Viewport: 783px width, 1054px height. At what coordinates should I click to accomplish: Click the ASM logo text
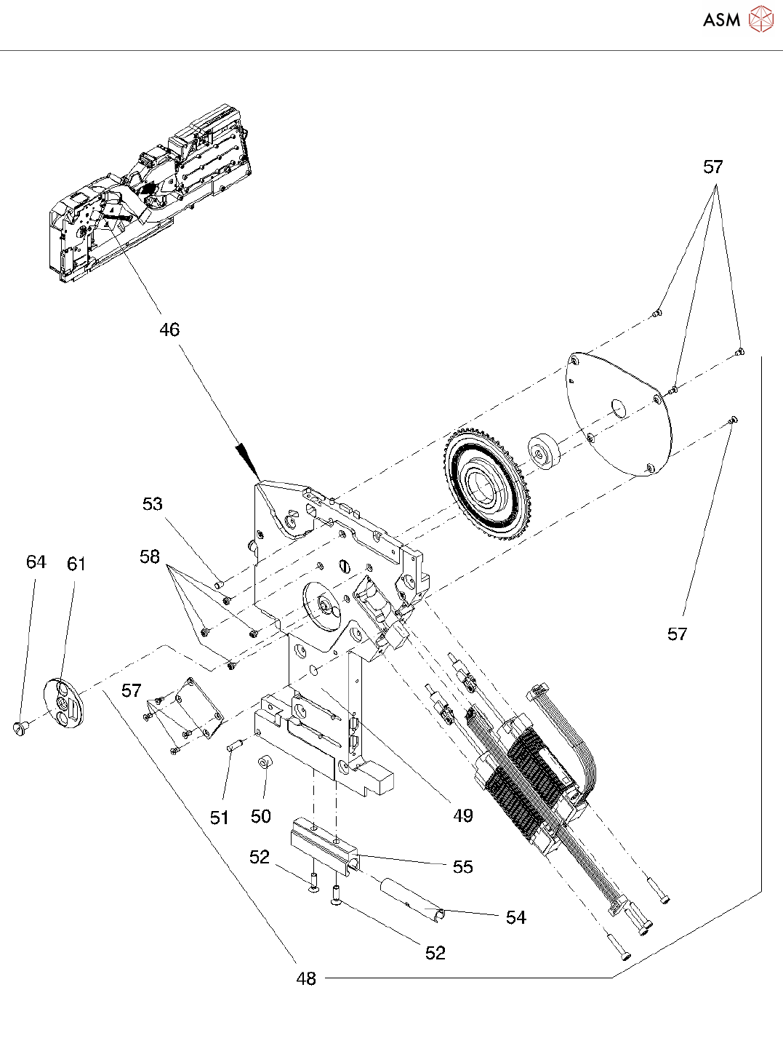pyautogui.click(x=721, y=20)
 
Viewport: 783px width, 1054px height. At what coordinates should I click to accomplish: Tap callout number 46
pyautogui.click(x=169, y=330)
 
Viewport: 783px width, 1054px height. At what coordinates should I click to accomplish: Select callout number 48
pyautogui.click(x=306, y=979)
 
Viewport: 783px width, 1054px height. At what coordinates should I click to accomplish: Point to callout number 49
pyautogui.click(x=463, y=816)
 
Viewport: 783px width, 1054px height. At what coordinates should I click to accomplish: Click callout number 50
pyautogui.click(x=261, y=817)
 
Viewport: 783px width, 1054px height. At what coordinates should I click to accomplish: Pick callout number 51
pyautogui.click(x=220, y=818)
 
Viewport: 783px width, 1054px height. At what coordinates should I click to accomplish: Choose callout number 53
pyautogui.click(x=153, y=504)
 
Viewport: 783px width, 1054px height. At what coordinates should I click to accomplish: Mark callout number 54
pyautogui.click(x=516, y=918)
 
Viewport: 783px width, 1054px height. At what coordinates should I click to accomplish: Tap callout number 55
pyautogui.click(x=463, y=867)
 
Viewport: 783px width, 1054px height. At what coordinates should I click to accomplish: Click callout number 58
pyautogui.click(x=150, y=557)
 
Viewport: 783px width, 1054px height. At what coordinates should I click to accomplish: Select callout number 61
pyautogui.click(x=76, y=564)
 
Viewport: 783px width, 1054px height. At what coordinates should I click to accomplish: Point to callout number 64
pyautogui.click(x=36, y=562)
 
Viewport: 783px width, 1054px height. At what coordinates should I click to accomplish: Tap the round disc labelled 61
pyautogui.click(x=64, y=702)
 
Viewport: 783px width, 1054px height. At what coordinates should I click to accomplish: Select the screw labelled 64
pyautogui.click(x=21, y=726)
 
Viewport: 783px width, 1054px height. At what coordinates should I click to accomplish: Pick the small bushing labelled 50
pyautogui.click(x=265, y=763)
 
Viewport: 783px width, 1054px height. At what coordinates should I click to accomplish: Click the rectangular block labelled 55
pyautogui.click(x=324, y=846)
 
